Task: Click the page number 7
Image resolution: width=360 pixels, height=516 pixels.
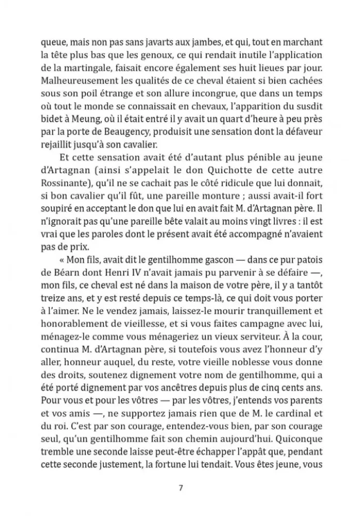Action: click(180, 487)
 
